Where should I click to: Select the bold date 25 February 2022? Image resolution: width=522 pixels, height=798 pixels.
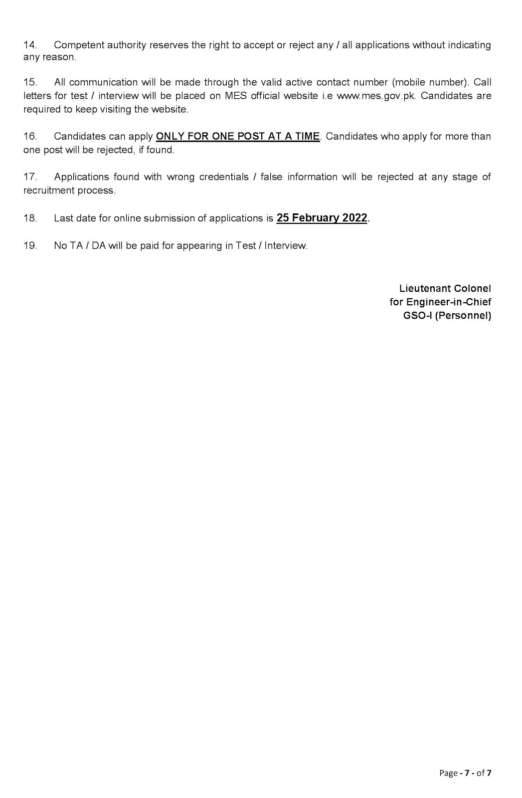coord(322,218)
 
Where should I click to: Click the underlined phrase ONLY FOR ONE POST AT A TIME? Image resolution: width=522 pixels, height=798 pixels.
coord(238,137)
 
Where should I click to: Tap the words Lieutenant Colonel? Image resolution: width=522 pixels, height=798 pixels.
coord(445,289)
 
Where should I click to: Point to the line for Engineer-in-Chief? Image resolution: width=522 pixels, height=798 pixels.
coord(440,302)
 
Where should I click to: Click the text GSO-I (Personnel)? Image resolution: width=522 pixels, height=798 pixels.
coord(447,316)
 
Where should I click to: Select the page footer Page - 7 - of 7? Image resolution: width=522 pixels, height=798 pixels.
coord(465,773)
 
